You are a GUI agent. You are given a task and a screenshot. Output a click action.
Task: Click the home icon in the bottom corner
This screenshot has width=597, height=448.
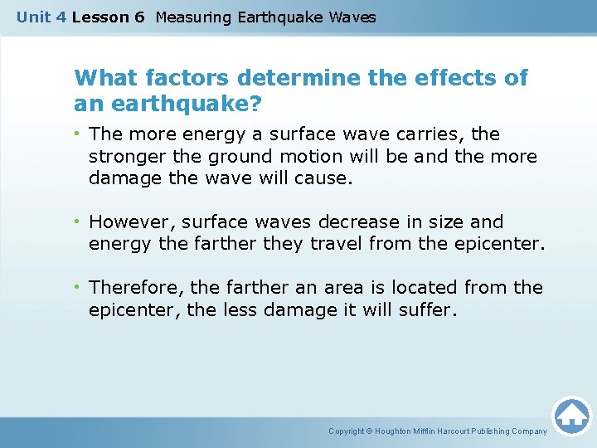[571, 416]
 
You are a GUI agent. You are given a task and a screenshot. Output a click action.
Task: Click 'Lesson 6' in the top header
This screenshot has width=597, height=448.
[108, 17]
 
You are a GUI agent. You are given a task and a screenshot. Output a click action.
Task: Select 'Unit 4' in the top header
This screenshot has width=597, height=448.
[41, 17]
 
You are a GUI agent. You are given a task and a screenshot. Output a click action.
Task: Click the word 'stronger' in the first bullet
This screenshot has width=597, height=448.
[125, 156]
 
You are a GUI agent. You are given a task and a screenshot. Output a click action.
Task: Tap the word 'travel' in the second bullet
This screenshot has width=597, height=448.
[337, 244]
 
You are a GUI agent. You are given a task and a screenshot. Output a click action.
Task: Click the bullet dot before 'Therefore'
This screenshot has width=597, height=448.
[79, 288]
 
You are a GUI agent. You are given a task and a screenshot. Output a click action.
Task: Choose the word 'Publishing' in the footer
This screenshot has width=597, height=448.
[489, 431]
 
